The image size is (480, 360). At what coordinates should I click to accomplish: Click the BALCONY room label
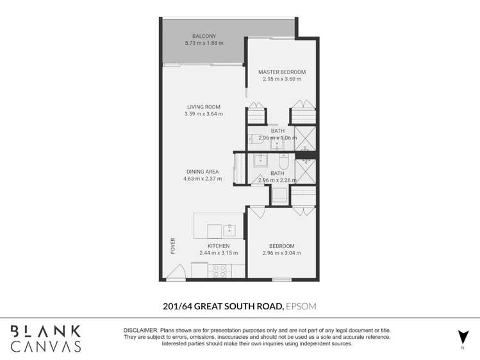[x=204, y=36]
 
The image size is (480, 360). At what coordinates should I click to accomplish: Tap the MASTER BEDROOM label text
[x=281, y=72]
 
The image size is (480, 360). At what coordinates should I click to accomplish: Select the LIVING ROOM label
[x=204, y=107]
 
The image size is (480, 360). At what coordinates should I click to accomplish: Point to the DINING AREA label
[x=203, y=172]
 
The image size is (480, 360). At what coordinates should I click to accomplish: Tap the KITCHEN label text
[x=218, y=246]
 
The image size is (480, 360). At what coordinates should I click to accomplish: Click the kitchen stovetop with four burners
[x=219, y=270]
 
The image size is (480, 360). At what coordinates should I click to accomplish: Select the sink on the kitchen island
[x=229, y=229]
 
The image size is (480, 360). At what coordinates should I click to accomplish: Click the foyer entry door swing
[x=176, y=272]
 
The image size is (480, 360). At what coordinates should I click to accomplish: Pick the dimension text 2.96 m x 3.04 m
[x=281, y=253]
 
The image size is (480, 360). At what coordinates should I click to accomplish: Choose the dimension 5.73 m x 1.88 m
[x=204, y=44]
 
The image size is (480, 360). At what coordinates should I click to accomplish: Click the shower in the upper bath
[x=306, y=138]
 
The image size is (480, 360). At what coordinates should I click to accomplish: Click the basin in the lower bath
[x=261, y=161]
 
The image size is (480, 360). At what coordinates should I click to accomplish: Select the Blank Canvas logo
[x=46, y=338]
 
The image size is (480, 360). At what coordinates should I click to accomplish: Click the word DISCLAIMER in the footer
[x=140, y=330]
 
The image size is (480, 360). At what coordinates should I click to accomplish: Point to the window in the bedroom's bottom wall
[x=281, y=279]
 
